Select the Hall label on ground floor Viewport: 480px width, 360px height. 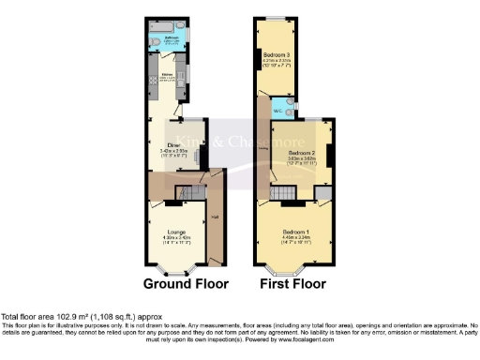point(215,217)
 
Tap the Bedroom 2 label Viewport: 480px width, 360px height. point(301,152)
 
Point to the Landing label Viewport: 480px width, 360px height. point(264,146)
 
